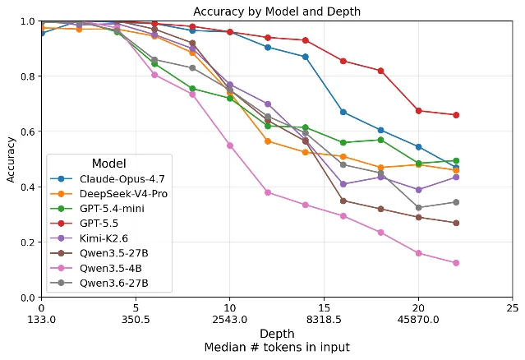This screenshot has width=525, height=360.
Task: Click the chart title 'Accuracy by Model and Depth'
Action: coord(277,12)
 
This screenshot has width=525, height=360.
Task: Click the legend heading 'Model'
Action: coord(108,164)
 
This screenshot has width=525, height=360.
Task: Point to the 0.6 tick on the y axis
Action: coord(28,132)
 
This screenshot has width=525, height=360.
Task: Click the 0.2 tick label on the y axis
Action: coord(28,242)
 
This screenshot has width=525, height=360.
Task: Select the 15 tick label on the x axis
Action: coord(324,307)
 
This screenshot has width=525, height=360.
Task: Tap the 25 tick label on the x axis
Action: coord(513,307)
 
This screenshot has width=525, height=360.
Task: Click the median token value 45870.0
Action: coord(418,320)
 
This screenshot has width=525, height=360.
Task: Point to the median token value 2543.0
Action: coord(230,320)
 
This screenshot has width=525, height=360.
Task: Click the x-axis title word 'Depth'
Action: coord(277,334)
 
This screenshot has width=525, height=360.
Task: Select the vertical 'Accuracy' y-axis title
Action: coord(11,159)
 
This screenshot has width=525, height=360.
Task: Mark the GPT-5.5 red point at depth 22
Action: coord(456,115)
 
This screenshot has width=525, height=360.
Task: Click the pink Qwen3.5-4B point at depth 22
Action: coord(456,263)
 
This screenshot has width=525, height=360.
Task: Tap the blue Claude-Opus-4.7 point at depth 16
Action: coord(343,112)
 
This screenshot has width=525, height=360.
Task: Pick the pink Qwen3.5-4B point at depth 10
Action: coord(230,145)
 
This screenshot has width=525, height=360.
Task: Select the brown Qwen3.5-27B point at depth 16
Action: coord(343,201)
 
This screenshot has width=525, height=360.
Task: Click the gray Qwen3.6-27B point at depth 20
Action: coord(418,208)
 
